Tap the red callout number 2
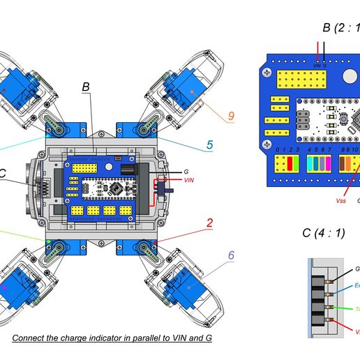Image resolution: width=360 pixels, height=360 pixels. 209,224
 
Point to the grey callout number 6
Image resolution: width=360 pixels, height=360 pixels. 230,255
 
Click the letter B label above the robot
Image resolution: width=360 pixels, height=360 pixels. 86,87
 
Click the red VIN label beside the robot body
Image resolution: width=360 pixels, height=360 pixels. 189,180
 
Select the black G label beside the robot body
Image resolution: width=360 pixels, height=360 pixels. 186,171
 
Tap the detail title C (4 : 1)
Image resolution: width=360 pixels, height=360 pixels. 323,233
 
